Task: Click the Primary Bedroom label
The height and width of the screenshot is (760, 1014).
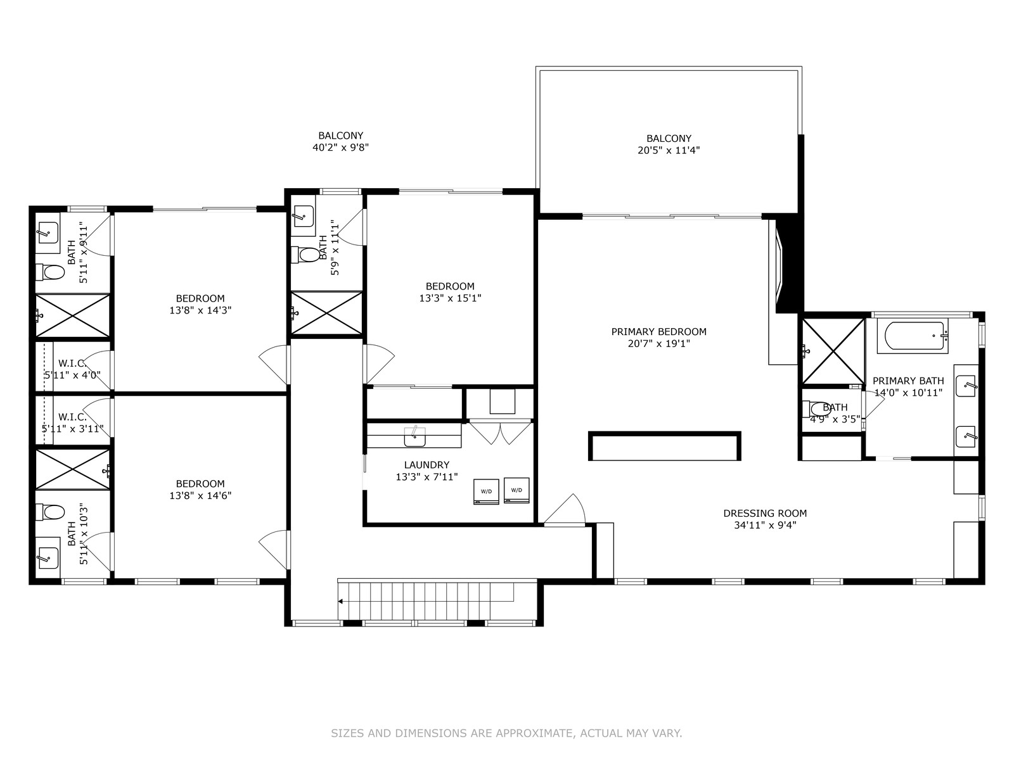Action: [x=658, y=332]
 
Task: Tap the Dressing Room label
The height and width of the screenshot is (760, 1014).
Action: [x=765, y=513]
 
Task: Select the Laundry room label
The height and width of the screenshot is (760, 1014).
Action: [x=427, y=465]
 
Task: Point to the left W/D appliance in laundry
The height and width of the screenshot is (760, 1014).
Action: [x=486, y=492]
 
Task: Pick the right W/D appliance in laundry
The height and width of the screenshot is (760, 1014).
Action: [x=517, y=490]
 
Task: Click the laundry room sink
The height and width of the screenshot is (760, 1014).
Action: [x=414, y=436]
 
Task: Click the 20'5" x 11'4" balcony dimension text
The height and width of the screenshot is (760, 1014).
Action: [x=669, y=151]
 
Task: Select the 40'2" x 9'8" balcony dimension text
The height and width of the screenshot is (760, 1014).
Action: [x=340, y=148]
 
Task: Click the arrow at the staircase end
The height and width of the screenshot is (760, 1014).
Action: [x=340, y=601]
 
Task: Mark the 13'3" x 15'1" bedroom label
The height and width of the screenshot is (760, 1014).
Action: [x=450, y=292]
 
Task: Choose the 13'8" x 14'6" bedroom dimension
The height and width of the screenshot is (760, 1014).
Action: [x=200, y=496]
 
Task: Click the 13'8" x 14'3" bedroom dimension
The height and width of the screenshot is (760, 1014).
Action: [x=200, y=310]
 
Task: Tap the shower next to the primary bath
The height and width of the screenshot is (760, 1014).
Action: [x=833, y=351]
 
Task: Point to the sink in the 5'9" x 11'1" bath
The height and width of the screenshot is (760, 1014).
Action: [x=303, y=216]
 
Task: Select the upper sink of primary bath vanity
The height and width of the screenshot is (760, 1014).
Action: [x=966, y=386]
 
